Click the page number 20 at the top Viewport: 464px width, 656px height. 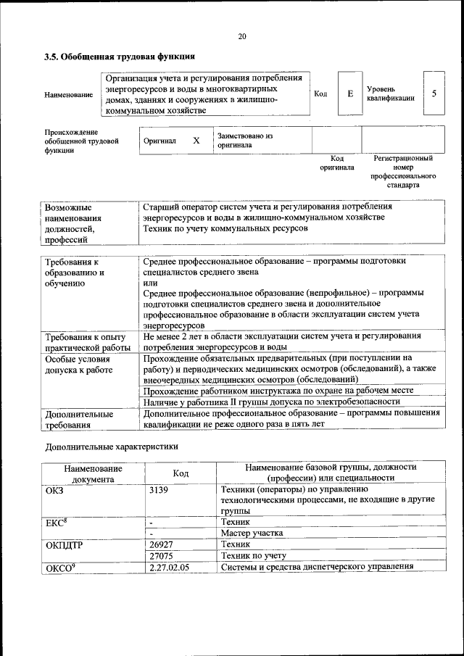(x=242, y=36)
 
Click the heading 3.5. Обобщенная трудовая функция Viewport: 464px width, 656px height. (x=120, y=57)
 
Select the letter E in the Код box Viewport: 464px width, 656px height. (x=350, y=94)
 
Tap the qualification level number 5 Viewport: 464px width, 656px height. (x=434, y=94)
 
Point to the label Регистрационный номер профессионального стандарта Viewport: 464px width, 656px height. (x=403, y=171)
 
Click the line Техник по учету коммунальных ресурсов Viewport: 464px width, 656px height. (x=225, y=228)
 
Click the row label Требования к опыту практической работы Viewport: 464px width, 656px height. (x=86, y=342)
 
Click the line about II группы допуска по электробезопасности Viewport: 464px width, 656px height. (x=272, y=401)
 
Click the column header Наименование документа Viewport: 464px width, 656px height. (x=93, y=473)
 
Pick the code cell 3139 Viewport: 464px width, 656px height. (x=159, y=490)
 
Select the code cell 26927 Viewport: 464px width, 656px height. (x=161, y=544)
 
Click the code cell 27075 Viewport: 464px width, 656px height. (x=161, y=555)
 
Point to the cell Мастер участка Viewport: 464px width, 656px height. (x=252, y=533)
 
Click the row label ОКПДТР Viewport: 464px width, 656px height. (x=65, y=544)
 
